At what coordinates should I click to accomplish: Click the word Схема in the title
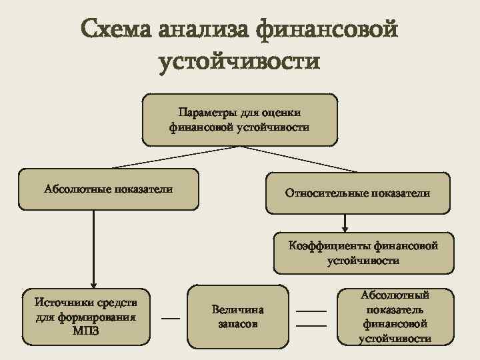click(117, 31)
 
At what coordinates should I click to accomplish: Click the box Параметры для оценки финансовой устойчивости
click(239, 120)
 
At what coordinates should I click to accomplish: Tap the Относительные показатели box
click(357, 193)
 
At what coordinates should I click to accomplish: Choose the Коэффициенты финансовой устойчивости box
click(363, 253)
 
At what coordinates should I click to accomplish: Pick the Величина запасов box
click(237, 317)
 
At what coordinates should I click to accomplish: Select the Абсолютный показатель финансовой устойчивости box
click(395, 317)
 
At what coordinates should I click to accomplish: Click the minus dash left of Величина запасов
click(171, 319)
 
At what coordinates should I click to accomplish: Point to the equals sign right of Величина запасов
click(311, 318)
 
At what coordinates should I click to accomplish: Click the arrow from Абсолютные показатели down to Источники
click(93, 247)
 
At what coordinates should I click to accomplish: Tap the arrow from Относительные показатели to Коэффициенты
click(345, 223)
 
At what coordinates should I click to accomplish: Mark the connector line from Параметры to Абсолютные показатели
click(160, 157)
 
